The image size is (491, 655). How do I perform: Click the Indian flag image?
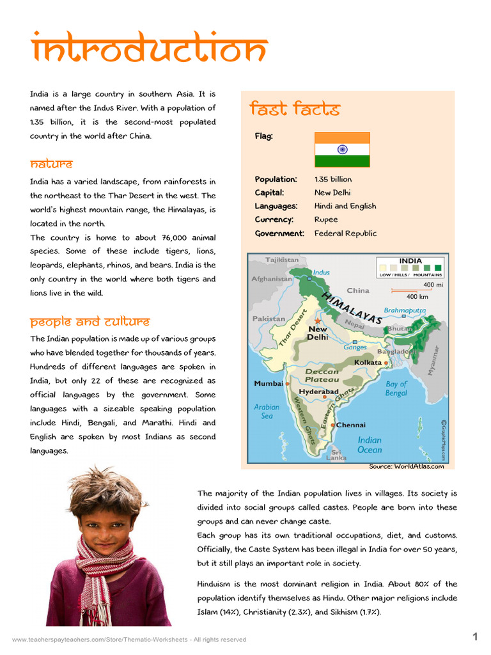coord(342,150)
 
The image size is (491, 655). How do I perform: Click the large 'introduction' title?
coord(148,50)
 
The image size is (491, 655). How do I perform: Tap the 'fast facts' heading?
coord(294,109)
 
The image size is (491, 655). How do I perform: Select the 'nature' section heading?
coord(51,164)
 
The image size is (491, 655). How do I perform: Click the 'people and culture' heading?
coord(90,321)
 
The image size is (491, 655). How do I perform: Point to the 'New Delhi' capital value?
coord(332,193)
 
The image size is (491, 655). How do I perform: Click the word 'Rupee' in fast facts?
coord(326,219)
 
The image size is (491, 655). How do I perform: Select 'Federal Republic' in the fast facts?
coord(345,233)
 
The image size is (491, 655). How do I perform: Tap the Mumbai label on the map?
coord(269,384)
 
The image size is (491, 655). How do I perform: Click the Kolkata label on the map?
coord(368,363)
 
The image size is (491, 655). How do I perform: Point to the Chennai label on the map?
coord(351,425)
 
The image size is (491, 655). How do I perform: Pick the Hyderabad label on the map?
coord(318,391)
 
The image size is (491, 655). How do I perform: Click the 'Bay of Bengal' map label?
coord(396,388)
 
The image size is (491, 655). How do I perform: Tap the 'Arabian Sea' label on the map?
coord(267,411)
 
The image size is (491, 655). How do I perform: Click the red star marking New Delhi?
coord(317,320)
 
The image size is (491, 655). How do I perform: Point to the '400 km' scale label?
coord(417,297)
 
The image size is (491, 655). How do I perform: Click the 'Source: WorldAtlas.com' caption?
coord(406,466)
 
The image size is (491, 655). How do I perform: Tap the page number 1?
coord(475,636)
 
